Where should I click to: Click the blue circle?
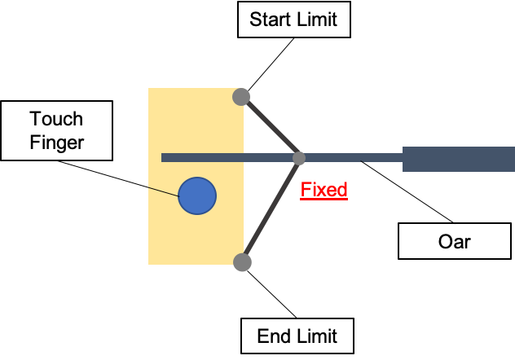(x=197, y=196)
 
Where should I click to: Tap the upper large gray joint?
(x=241, y=97)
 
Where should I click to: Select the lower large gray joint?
(x=242, y=262)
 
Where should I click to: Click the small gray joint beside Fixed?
(x=299, y=158)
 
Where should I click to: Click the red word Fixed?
(x=324, y=190)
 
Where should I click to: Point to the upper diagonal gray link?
(x=271, y=127)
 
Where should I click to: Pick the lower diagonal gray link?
(x=271, y=210)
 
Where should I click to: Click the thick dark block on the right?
(x=458, y=159)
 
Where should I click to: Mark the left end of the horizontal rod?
(x=163, y=158)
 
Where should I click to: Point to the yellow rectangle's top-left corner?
(x=149, y=89)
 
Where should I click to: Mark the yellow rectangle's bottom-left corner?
(x=149, y=264)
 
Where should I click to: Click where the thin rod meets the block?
(x=403, y=158)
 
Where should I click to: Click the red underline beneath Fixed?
(x=324, y=199)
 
